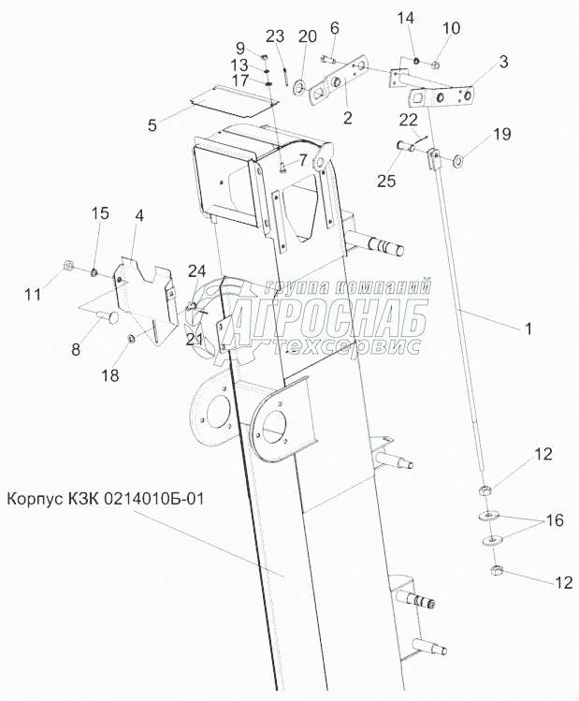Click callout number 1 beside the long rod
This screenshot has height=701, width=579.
pyautogui.click(x=528, y=329)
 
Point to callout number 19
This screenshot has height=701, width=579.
pyautogui.click(x=502, y=134)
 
